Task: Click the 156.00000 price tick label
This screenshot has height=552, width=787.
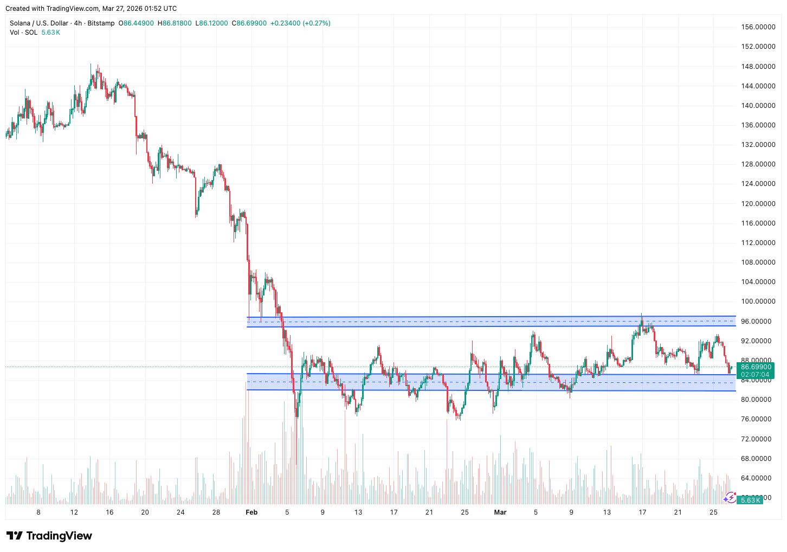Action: (758, 27)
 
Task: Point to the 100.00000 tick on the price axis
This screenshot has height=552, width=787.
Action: (758, 301)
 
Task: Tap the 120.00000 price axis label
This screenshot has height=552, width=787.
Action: (758, 204)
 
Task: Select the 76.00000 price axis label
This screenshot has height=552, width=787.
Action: (758, 419)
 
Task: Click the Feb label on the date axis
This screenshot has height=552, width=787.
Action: (251, 512)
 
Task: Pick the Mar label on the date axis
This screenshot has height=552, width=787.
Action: (500, 512)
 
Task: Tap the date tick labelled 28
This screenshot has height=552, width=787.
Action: (216, 512)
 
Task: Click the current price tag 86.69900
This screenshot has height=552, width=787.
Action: (756, 367)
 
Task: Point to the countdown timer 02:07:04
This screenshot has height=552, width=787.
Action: (755, 375)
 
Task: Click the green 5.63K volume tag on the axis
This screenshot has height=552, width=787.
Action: (751, 500)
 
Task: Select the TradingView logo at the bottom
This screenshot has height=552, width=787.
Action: (49, 536)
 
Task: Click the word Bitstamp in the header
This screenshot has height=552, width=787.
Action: (101, 23)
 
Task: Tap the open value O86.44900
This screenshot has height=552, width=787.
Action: (136, 23)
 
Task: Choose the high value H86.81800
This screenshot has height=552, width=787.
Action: (174, 23)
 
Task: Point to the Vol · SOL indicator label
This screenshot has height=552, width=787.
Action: (24, 33)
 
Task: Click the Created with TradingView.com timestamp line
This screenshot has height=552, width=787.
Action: (91, 9)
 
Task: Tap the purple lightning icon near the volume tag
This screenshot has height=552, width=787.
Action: (730, 497)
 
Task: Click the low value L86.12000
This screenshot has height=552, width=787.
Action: (212, 23)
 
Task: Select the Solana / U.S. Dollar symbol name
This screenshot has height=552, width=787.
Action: (39, 23)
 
